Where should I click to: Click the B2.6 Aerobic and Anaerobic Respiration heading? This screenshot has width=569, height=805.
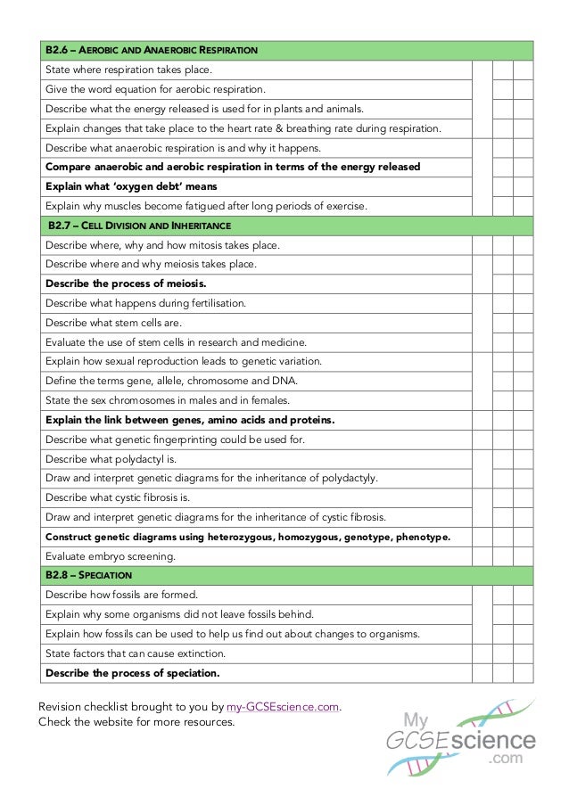point(152,50)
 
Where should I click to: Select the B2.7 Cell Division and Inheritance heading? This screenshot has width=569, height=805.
point(138,226)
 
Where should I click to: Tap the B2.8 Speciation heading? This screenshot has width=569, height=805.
point(89,575)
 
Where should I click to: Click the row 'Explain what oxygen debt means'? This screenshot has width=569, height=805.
point(131,186)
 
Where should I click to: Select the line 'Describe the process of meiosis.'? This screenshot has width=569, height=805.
point(126,283)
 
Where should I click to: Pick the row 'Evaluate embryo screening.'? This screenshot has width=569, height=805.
point(111,556)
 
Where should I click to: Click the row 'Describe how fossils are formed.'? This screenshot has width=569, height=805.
point(121,595)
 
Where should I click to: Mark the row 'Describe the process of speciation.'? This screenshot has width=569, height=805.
point(132,673)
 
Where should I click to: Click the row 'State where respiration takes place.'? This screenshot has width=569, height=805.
point(129,70)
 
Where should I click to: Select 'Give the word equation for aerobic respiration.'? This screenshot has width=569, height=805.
point(155,89)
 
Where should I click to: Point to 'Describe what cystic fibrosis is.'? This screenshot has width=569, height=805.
point(118,497)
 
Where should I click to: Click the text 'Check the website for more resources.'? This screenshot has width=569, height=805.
point(136,721)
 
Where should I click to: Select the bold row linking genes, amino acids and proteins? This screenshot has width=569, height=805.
point(189,420)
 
